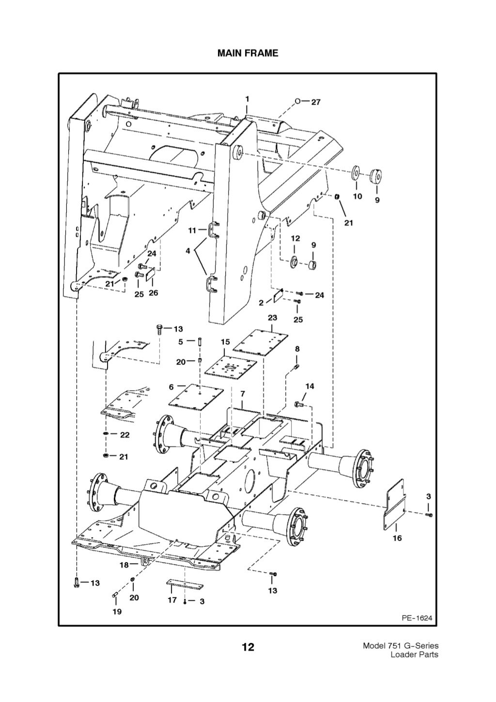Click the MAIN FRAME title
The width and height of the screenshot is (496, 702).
click(248, 53)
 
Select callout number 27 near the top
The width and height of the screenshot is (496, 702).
click(315, 102)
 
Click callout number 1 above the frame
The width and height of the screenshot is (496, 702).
click(247, 98)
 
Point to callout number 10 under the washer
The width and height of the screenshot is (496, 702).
click(357, 196)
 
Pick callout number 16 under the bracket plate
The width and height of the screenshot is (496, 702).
click(397, 538)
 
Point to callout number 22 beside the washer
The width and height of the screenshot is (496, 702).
click(124, 435)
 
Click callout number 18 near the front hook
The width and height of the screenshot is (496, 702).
click(124, 565)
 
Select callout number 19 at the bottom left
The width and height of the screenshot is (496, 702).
click(117, 611)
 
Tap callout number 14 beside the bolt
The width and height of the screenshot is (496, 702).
click(310, 386)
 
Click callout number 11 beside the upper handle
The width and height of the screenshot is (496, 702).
click(192, 230)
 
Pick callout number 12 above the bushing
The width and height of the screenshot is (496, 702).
click(295, 238)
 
